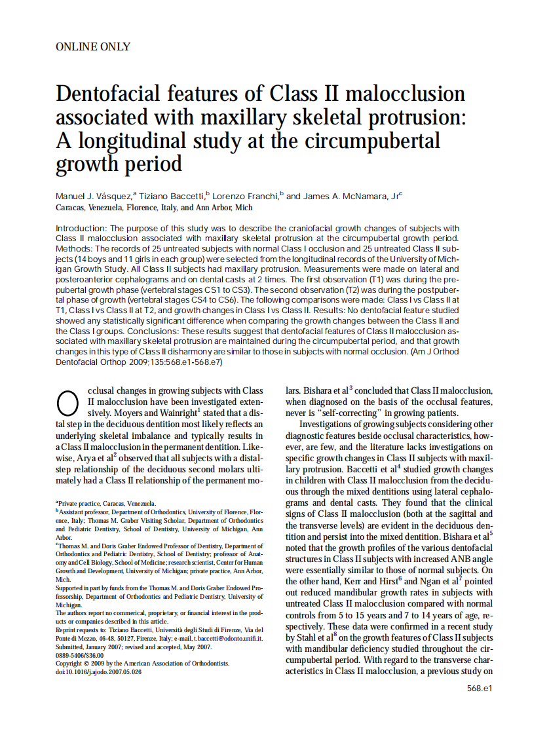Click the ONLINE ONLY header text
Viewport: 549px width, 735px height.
93,47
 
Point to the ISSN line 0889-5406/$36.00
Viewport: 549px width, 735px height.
80,655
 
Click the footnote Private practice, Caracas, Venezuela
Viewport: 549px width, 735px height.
107,503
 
